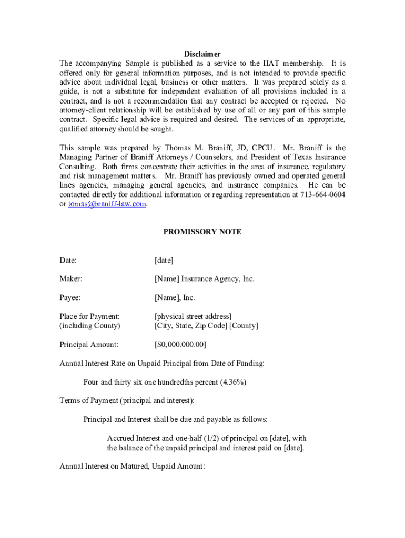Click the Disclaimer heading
click(x=202, y=54)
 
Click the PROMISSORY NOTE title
click(x=202, y=232)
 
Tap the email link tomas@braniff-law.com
click(x=107, y=204)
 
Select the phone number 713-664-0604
click(x=322, y=195)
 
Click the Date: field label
click(x=68, y=260)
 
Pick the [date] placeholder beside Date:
click(x=164, y=260)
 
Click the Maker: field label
click(x=71, y=279)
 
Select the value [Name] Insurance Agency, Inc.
click(x=204, y=279)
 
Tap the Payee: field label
click(x=70, y=298)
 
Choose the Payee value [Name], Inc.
click(x=175, y=298)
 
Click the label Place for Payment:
click(x=89, y=316)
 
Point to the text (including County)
click(x=89, y=326)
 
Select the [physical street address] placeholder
click(x=193, y=316)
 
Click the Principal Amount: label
click(x=89, y=345)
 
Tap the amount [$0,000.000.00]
click(x=180, y=345)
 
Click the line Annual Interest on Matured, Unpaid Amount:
click(x=132, y=466)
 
